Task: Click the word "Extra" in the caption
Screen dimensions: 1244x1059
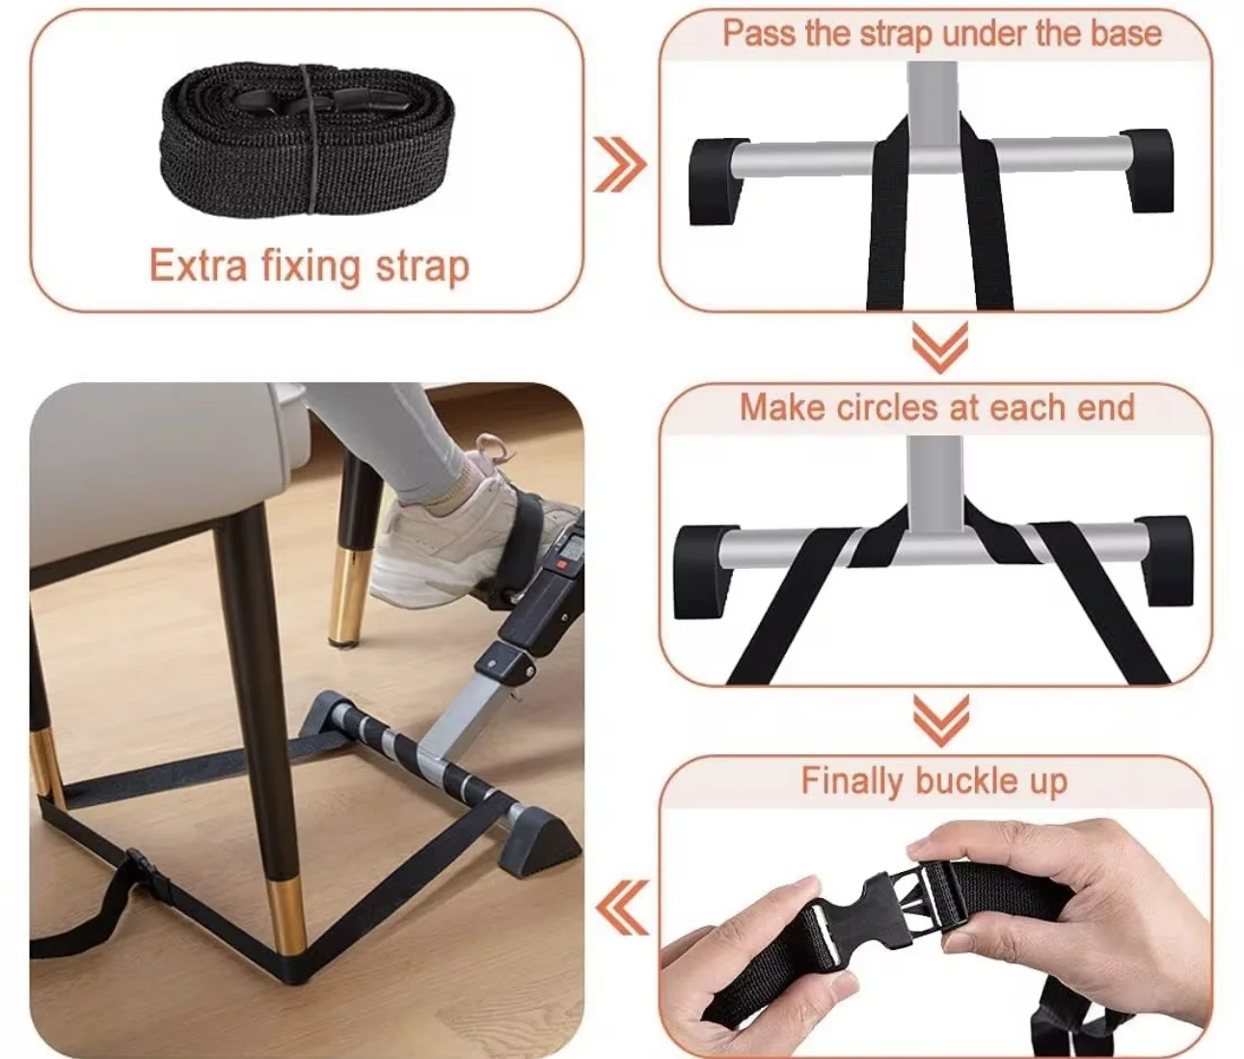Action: click(198, 265)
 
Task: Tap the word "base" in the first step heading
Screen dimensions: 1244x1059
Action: click(1125, 34)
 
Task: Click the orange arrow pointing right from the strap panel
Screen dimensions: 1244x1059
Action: click(620, 165)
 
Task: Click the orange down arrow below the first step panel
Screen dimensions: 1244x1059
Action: click(940, 347)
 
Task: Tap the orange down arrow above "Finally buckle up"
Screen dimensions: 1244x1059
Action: click(940, 720)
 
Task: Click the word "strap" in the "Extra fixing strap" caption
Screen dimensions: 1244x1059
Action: click(422, 267)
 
